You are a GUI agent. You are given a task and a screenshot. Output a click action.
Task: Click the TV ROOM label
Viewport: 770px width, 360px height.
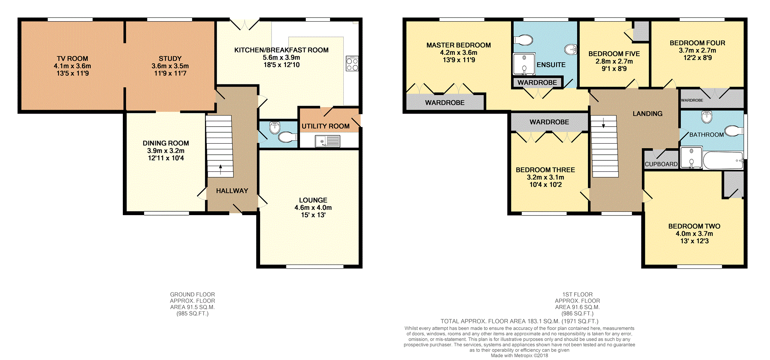[x=72, y=59]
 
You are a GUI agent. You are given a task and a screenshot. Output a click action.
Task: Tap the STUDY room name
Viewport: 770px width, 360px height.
[x=170, y=59]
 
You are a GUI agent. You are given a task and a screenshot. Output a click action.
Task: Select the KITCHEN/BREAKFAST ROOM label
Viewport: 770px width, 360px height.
[x=281, y=50]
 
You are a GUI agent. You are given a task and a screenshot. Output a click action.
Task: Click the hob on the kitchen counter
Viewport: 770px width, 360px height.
[x=352, y=64]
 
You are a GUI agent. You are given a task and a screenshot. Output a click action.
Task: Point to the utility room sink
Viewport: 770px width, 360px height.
[x=327, y=141]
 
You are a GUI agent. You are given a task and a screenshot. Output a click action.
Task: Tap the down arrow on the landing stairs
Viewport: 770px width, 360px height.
[x=603, y=123]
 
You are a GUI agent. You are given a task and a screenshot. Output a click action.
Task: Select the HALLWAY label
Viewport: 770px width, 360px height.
[x=232, y=191]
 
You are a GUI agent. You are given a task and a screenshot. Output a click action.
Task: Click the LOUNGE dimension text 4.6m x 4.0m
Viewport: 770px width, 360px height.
[x=313, y=208]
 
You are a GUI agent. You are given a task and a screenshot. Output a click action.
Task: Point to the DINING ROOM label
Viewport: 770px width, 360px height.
[x=166, y=143]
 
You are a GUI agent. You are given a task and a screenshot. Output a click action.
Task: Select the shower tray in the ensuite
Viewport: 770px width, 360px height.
[x=524, y=64]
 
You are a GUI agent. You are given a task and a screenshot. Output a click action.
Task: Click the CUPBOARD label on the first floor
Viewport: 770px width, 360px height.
[x=661, y=164]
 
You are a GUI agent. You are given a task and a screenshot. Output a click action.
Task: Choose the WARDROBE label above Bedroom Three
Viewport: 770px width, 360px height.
[x=549, y=122]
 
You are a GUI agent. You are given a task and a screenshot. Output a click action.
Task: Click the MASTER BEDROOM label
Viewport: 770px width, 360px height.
[x=459, y=45]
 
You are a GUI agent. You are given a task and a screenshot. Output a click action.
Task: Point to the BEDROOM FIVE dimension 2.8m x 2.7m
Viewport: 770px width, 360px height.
[x=614, y=62]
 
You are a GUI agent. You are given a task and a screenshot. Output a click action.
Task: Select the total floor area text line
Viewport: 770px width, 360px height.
[x=519, y=321]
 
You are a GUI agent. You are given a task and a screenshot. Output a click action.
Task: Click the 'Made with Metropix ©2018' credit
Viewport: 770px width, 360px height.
[x=519, y=356]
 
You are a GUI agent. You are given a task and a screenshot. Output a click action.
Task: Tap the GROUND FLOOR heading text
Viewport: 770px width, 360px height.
[x=192, y=295]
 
